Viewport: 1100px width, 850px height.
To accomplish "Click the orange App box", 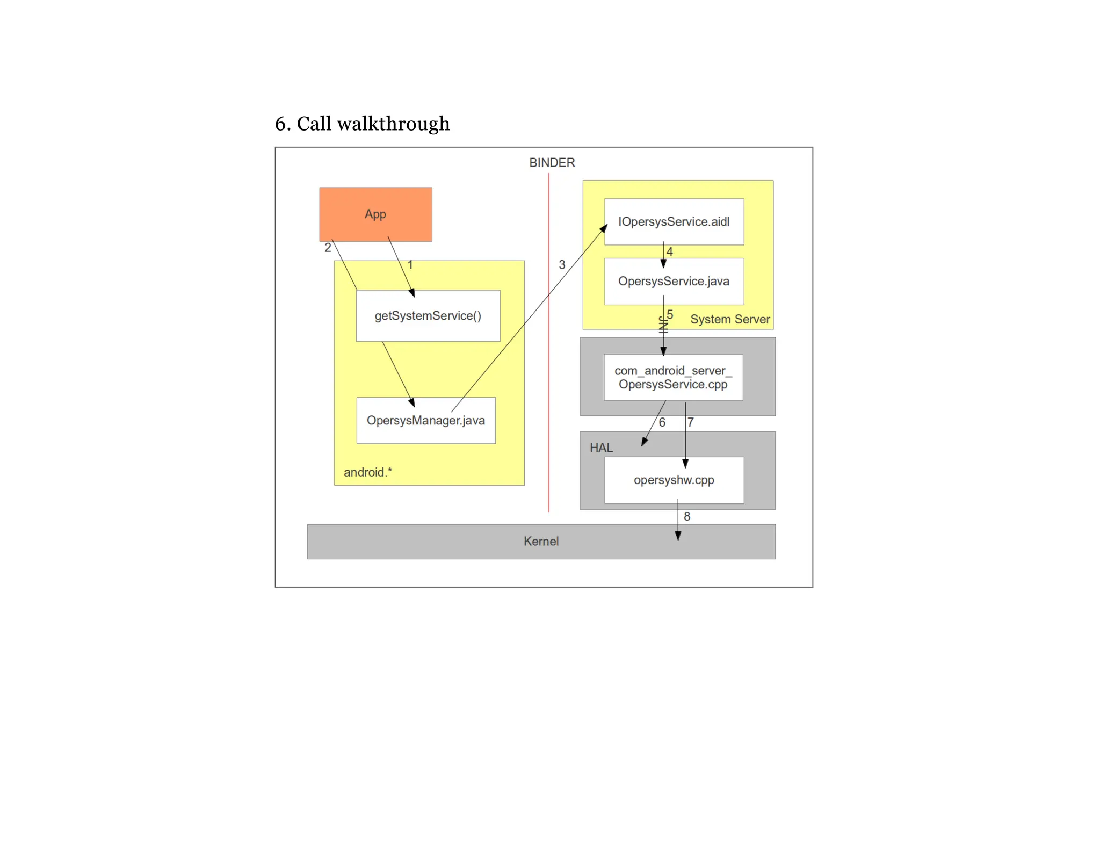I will [x=375, y=214].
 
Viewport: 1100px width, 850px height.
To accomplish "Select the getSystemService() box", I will [x=428, y=315].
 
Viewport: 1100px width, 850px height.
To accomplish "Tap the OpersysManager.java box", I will [x=425, y=420].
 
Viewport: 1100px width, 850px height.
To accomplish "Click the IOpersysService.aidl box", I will [x=674, y=221].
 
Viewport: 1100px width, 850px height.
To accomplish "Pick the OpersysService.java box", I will [x=674, y=281].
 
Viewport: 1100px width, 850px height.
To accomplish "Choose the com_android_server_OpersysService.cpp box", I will [x=673, y=377].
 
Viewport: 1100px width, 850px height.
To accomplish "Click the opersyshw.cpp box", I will [x=674, y=480].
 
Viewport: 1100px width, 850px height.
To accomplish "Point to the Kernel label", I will [x=541, y=541].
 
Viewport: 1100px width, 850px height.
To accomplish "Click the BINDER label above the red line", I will [x=552, y=162].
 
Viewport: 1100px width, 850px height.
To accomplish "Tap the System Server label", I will [x=729, y=319].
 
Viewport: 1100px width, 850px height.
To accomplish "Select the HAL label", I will [x=601, y=448].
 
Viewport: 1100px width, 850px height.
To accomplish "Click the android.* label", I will [x=368, y=472].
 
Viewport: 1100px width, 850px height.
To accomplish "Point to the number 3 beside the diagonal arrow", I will [x=562, y=264].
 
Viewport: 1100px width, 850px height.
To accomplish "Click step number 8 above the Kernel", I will [x=686, y=516].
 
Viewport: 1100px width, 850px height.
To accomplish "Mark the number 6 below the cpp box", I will [x=662, y=422].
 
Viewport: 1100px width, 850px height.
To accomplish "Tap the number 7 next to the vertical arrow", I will [x=690, y=422].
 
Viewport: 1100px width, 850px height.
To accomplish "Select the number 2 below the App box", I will [x=328, y=248].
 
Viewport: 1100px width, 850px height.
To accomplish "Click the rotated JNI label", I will [x=663, y=325].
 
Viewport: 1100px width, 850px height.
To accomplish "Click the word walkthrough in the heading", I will [x=393, y=124].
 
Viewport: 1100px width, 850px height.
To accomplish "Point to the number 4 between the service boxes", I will [x=669, y=251].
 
